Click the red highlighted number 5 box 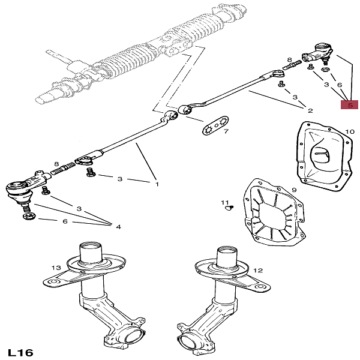click(x=349, y=105)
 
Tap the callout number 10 click(x=350, y=131)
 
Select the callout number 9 click(x=294, y=190)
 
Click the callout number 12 click(x=257, y=271)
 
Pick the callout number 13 click(x=56, y=267)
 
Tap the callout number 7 click(x=226, y=132)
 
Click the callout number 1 click(x=157, y=184)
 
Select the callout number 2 click(x=310, y=111)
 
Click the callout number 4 click(x=118, y=227)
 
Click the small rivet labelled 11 click(x=228, y=209)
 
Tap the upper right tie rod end click(x=319, y=53)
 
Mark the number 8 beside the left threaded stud click(x=56, y=164)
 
